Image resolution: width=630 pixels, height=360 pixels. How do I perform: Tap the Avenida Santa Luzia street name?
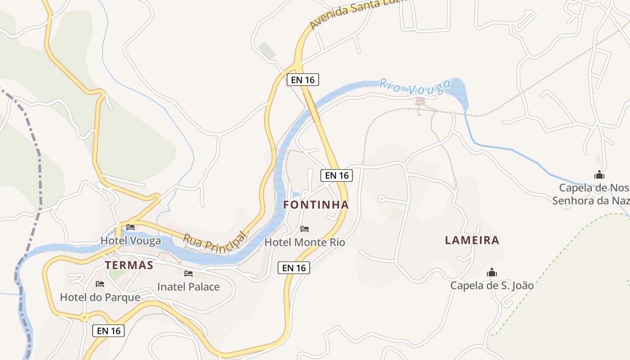coord(358,13)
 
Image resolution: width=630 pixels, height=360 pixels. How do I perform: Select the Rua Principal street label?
coord(216,241)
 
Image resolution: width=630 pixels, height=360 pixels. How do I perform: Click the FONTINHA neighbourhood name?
coord(316,205)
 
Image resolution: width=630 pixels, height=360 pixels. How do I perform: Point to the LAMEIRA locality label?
coord(472,240)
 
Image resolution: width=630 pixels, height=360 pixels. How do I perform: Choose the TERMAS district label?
coord(129,265)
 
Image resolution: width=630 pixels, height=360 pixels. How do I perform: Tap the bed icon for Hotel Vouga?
coord(130,228)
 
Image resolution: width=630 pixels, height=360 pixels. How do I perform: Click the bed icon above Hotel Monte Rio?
coord(305,229)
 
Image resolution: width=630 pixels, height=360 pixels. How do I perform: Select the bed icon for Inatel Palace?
coord(189,274)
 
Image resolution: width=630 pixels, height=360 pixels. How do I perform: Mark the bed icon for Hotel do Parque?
coord(100,284)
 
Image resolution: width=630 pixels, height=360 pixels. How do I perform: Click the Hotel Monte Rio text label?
coord(305,242)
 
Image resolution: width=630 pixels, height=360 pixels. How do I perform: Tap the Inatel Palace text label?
coord(189,287)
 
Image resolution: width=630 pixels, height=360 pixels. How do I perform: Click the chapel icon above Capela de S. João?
coord(492,273)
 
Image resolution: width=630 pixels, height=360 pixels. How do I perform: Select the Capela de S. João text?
coord(492,285)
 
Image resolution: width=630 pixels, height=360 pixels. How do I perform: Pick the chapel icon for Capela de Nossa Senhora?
coord(599,175)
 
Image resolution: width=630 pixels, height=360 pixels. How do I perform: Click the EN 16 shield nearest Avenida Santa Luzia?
coord(303,80)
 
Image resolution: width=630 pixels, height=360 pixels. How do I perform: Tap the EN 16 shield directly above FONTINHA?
coord(337,175)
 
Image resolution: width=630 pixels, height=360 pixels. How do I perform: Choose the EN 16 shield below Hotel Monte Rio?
coord(294,268)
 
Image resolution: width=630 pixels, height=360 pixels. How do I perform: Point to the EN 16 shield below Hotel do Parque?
coord(108,331)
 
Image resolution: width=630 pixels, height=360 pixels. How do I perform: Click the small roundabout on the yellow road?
coord(84,318)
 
